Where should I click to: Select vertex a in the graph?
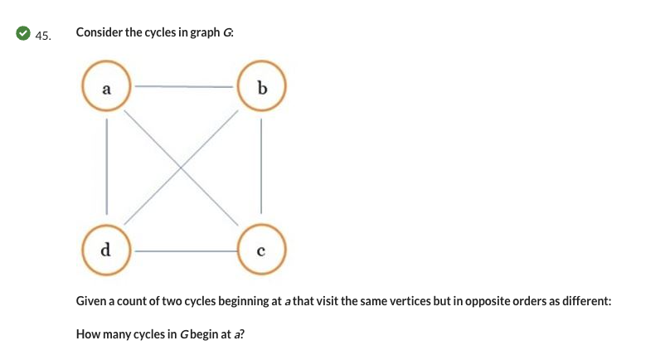click(105, 85)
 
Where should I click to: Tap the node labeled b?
click(261, 85)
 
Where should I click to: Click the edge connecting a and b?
click(183, 85)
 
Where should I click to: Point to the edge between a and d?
click(105, 166)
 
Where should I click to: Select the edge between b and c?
click(261, 166)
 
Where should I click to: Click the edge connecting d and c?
click(183, 248)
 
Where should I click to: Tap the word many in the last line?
click(114, 334)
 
